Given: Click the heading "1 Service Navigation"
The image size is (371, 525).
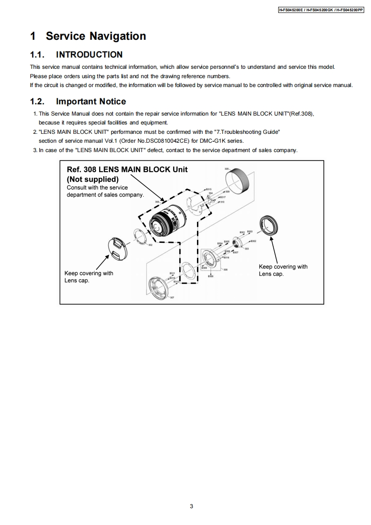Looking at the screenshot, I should [88, 36].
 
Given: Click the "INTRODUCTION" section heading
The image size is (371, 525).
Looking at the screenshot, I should [89, 55].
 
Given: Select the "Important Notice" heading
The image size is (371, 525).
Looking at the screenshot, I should [91, 102].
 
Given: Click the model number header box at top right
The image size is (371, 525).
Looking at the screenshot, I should [320, 10].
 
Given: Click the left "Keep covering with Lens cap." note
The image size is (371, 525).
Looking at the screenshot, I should [88, 277].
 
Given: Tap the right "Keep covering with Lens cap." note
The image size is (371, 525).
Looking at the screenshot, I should [283, 270].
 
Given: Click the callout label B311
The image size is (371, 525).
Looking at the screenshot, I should [172, 273].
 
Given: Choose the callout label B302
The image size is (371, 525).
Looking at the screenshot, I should [253, 241].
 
